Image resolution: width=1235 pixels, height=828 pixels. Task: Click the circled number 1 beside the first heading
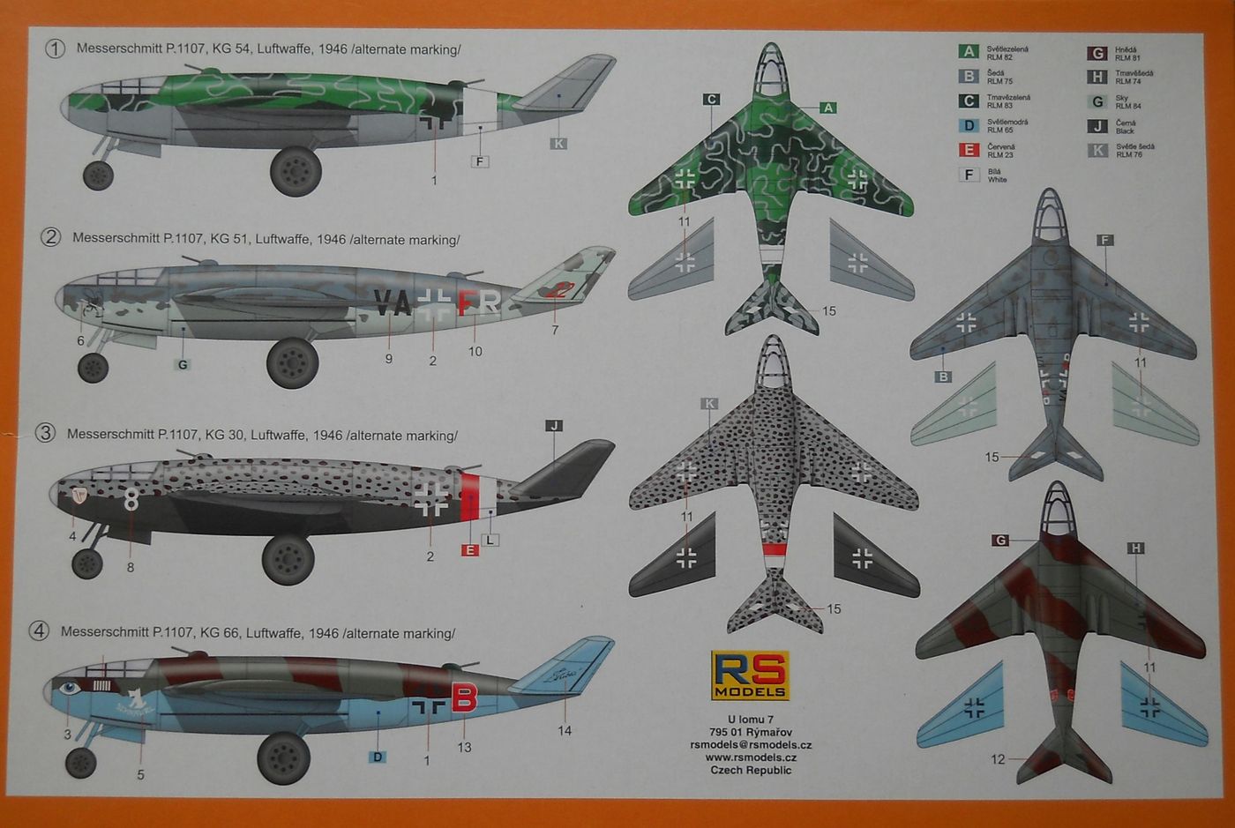(x=55, y=48)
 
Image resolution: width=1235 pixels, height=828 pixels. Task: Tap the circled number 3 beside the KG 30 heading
(x=45, y=433)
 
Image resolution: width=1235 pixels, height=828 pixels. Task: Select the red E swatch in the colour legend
(x=969, y=150)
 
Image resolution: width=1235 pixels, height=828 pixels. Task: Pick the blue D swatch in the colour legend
(x=969, y=125)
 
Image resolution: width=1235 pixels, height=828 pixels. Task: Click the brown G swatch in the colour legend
(x=1097, y=54)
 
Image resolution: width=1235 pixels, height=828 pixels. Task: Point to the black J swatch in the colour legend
(x=1097, y=126)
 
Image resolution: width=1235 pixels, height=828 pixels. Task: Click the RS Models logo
(x=751, y=675)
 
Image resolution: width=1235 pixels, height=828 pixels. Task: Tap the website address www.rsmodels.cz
(x=751, y=757)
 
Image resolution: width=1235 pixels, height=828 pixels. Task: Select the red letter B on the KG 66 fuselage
(x=464, y=697)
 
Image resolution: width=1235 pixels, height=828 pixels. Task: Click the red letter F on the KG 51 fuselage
(x=465, y=302)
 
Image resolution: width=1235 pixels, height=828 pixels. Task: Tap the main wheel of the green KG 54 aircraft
(x=295, y=171)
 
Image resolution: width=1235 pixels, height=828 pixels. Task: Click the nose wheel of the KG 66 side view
(x=81, y=763)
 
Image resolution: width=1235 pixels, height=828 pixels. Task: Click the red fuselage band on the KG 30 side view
(x=470, y=496)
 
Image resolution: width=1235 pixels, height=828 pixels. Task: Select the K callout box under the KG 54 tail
(x=558, y=143)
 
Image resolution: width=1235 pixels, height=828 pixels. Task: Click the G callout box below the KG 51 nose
(x=183, y=364)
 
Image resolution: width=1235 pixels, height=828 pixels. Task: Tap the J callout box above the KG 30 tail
(x=554, y=426)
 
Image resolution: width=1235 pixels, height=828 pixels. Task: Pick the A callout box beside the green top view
(x=827, y=108)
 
